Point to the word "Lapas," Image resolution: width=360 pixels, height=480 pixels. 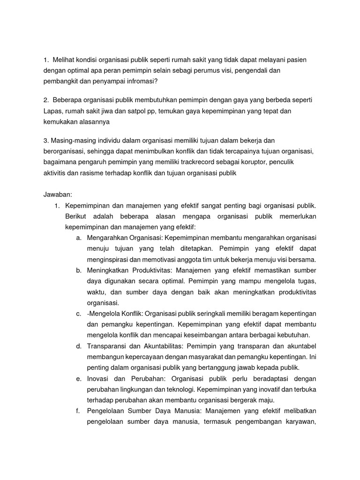tap(53, 111)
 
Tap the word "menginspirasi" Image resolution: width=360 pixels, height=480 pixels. tap(109, 259)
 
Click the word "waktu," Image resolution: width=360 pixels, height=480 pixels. tap(97, 292)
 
